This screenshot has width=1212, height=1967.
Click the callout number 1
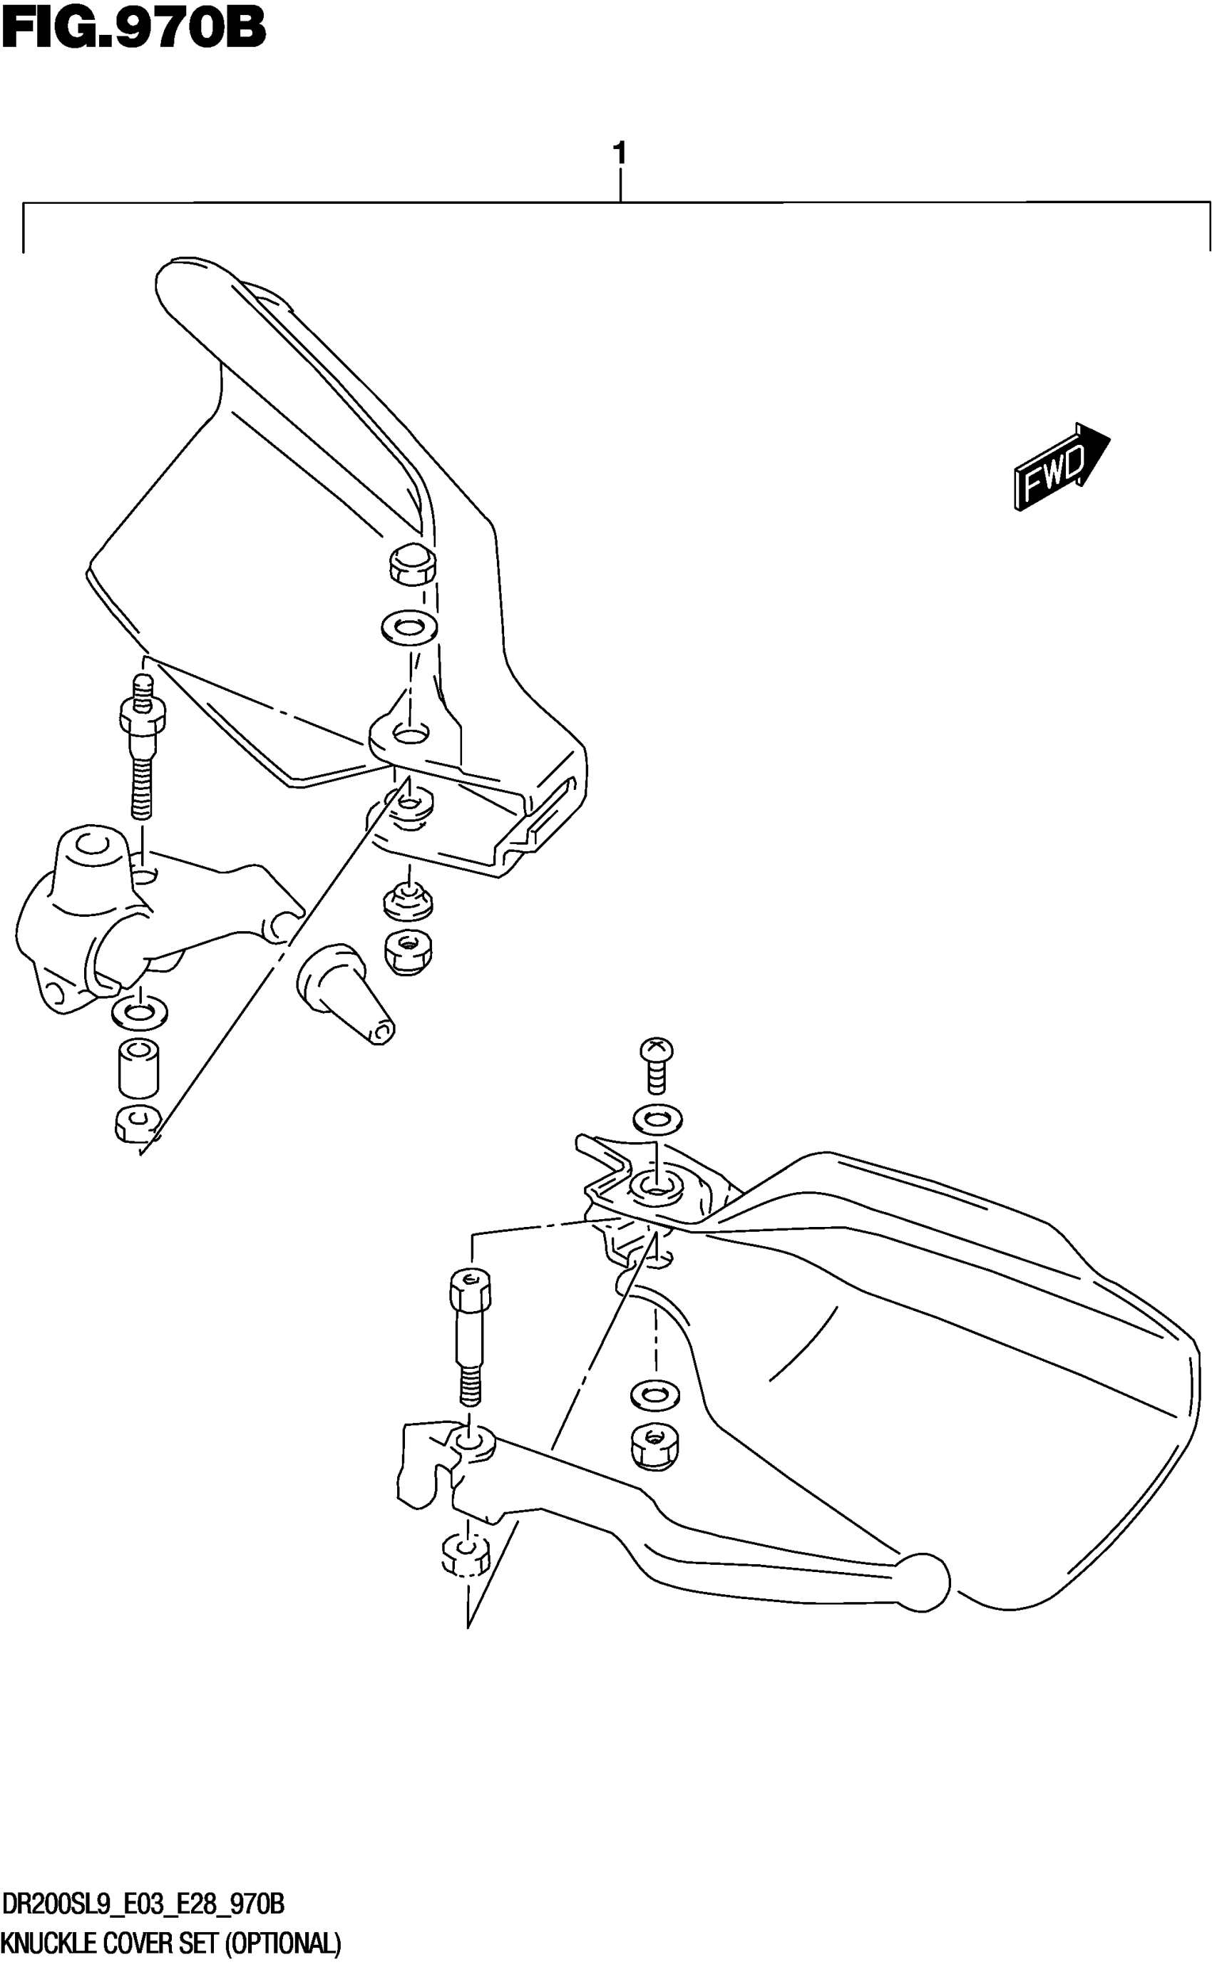click(619, 153)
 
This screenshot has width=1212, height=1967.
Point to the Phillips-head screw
click(656, 1064)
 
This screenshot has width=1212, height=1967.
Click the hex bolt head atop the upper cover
click(412, 565)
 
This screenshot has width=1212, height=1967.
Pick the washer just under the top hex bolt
click(409, 626)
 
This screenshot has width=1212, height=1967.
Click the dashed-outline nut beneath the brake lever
click(465, 1554)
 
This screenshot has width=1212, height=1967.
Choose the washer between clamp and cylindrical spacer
click(140, 1012)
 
